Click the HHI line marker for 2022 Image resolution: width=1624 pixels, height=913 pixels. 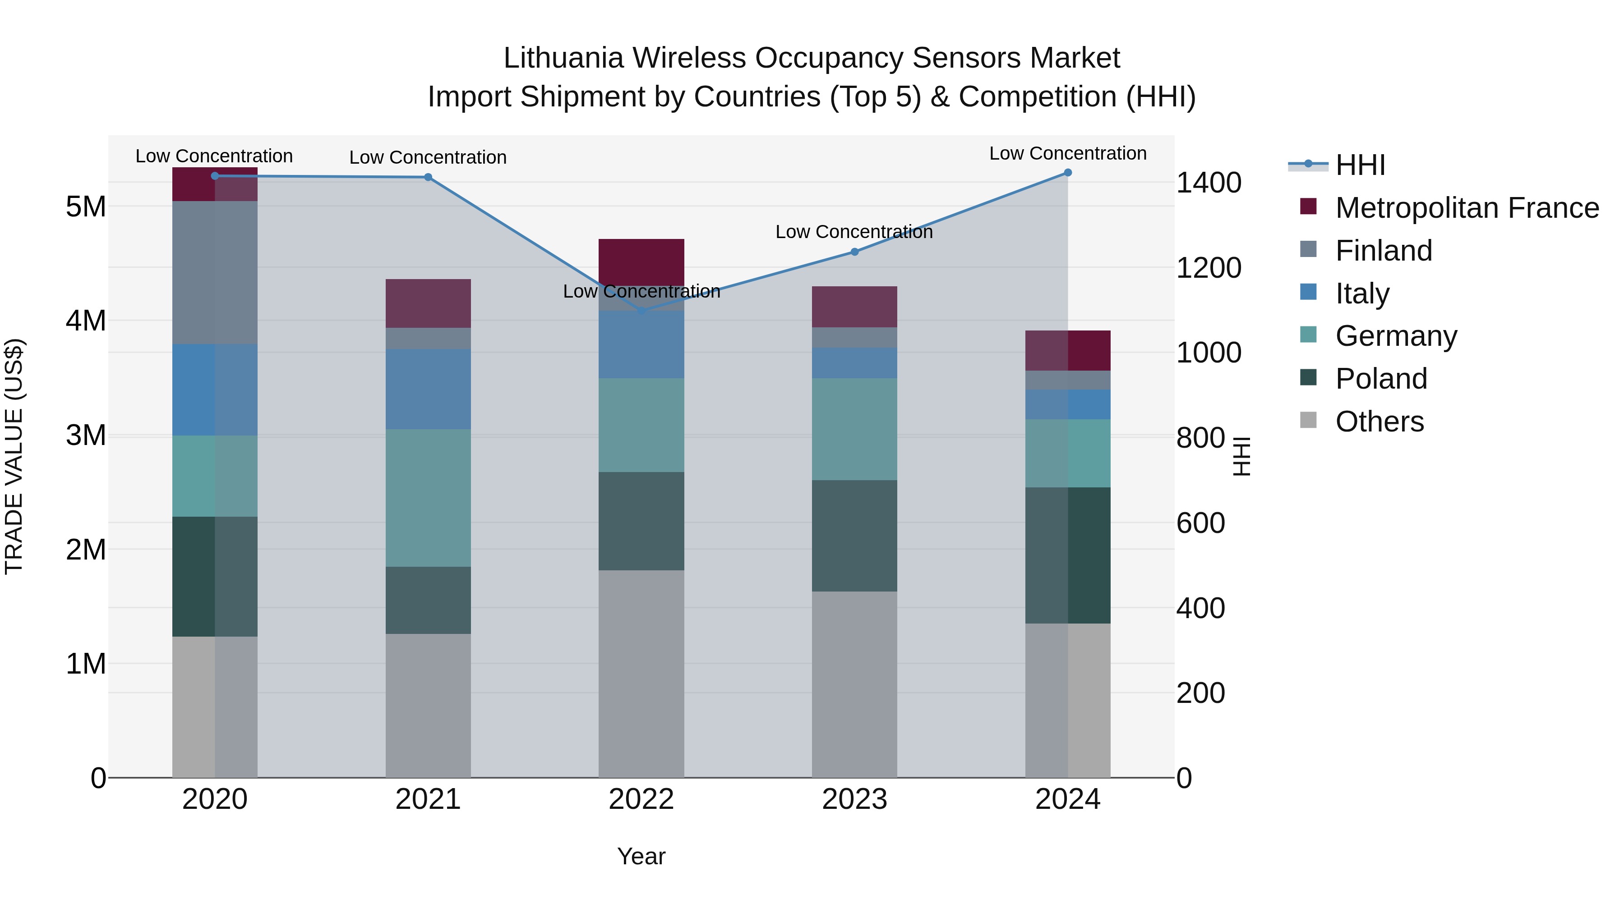[x=641, y=311]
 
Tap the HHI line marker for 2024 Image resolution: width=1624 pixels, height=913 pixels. [x=1067, y=173]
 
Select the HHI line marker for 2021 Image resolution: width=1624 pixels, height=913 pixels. [x=428, y=177]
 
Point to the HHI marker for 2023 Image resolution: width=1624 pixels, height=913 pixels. [x=854, y=252]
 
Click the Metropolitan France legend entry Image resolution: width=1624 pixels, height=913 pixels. [x=1467, y=208]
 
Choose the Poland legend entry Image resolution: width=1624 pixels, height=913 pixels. [x=1381, y=379]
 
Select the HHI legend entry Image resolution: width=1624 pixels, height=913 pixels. [x=1360, y=165]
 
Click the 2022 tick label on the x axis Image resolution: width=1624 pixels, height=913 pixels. [x=641, y=799]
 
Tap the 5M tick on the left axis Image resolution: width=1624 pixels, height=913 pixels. [x=86, y=206]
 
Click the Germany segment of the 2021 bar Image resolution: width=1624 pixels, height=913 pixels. [x=428, y=498]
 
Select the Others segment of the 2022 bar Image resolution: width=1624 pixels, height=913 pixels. [x=641, y=674]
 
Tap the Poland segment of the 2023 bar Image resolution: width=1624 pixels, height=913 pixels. [x=854, y=536]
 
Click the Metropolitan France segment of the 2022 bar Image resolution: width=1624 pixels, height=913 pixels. [x=641, y=262]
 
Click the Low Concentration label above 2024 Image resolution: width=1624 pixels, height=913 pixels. [x=1067, y=154]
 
